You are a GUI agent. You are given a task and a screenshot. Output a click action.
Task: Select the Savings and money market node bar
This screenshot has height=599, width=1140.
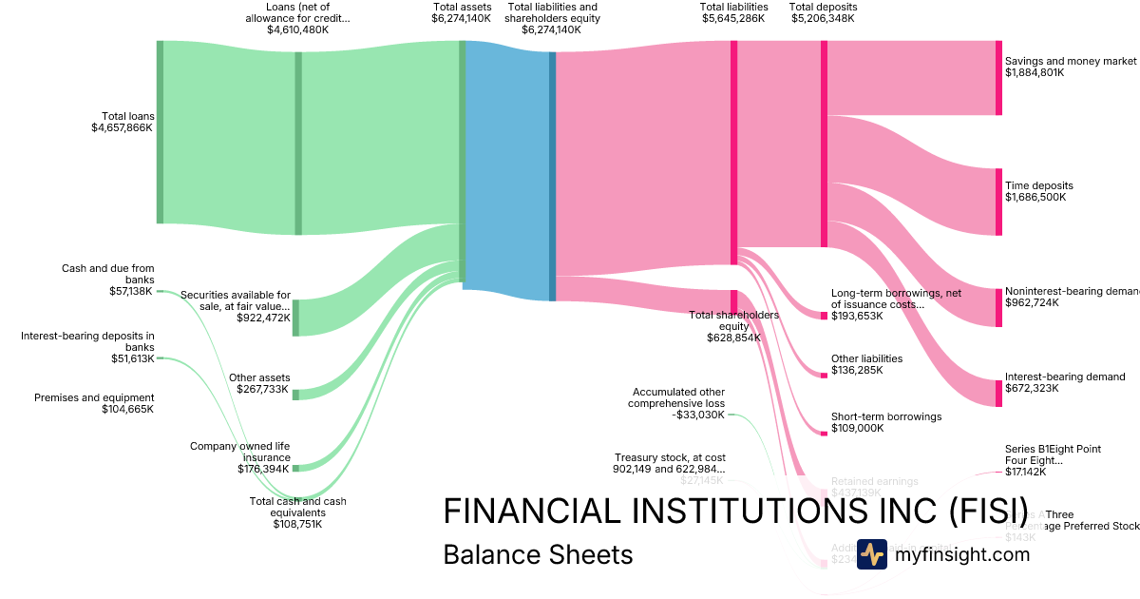click(998, 78)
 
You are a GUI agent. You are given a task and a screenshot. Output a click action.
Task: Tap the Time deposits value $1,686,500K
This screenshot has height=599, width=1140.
click(1035, 198)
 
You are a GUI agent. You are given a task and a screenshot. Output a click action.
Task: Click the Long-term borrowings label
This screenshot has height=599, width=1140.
click(896, 299)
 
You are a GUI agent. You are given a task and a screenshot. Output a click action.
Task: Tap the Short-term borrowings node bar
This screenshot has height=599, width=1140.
click(824, 435)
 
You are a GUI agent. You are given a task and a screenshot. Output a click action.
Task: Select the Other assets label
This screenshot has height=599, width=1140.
click(259, 377)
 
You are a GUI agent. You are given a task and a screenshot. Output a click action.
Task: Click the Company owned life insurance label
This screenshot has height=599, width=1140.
click(240, 452)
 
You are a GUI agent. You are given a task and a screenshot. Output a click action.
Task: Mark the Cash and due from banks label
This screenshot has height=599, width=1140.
click(107, 274)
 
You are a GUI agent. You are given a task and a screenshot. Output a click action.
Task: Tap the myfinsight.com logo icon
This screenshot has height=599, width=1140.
click(871, 554)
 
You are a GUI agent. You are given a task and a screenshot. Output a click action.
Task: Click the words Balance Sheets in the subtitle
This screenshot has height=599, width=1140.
click(538, 554)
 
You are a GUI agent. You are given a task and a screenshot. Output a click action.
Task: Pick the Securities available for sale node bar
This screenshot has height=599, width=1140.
click(296, 318)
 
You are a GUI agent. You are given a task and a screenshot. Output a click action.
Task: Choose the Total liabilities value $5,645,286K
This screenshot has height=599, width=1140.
click(733, 18)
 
